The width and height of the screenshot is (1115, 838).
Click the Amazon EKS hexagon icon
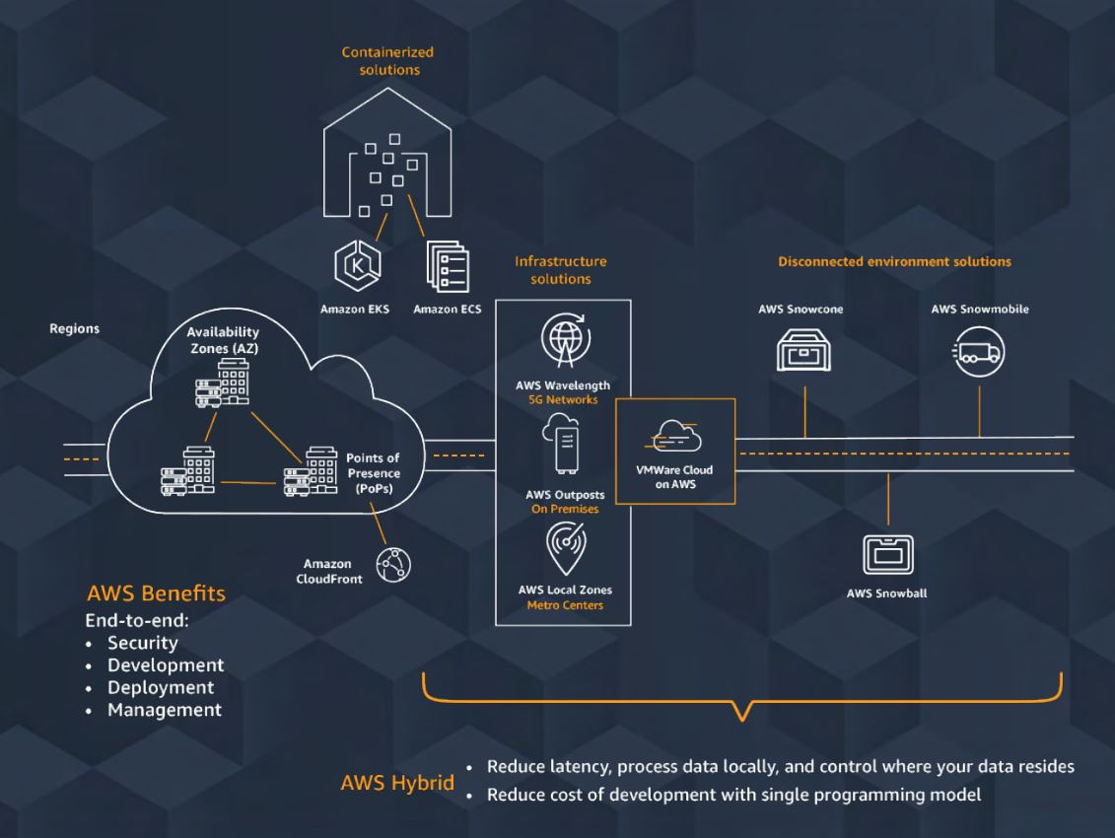click(x=354, y=268)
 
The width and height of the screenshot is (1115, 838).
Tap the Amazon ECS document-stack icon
click(x=447, y=268)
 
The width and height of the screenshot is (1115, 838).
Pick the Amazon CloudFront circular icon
click(x=395, y=564)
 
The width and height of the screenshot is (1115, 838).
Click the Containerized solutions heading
click(x=386, y=60)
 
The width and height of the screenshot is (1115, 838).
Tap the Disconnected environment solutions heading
click(x=894, y=262)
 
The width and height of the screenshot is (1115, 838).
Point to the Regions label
click(x=74, y=329)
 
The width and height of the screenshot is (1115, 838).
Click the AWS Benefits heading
click(x=156, y=594)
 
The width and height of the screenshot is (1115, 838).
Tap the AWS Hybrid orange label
click(x=397, y=784)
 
